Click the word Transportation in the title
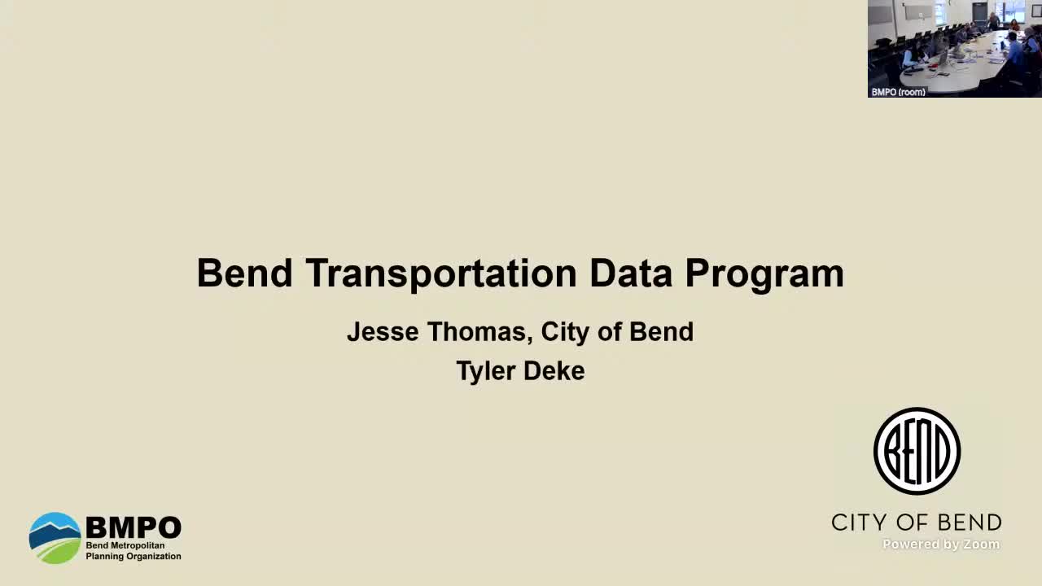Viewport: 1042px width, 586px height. click(441, 273)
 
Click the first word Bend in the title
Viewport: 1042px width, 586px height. click(244, 273)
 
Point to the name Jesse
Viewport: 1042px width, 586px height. click(382, 332)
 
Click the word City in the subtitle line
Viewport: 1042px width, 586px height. click(567, 332)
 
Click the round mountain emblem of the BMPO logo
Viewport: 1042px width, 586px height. click(55, 538)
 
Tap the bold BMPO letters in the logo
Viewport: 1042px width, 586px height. click(133, 527)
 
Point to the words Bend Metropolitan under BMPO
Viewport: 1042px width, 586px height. click(125, 545)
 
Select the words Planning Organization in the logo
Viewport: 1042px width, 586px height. click(134, 557)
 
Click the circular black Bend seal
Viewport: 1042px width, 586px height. click(917, 451)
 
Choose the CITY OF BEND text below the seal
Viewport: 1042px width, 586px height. click(916, 522)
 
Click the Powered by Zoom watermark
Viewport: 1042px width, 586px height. click(941, 544)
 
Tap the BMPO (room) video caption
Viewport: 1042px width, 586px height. click(898, 92)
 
